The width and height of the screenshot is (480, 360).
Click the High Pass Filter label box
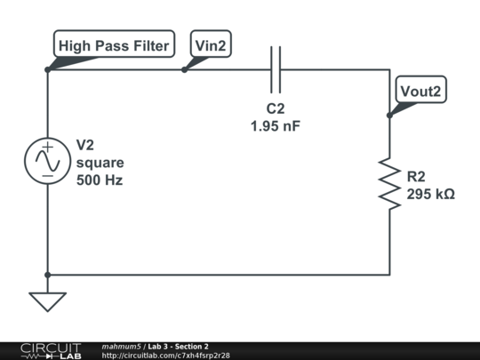click(x=114, y=45)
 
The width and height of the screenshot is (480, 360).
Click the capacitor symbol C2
click(x=276, y=69)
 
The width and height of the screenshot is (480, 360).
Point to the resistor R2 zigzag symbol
click(x=389, y=184)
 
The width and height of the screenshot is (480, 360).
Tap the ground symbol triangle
click(x=47, y=301)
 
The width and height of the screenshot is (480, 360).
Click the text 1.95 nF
click(x=276, y=126)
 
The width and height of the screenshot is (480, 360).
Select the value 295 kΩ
click(x=430, y=194)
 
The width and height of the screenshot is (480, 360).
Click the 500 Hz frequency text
click(x=100, y=180)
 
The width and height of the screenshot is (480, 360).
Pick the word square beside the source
click(x=100, y=163)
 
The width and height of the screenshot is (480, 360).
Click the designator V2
click(x=85, y=145)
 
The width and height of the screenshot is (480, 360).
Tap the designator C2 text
click(x=276, y=109)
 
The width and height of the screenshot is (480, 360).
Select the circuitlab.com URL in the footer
click(x=166, y=356)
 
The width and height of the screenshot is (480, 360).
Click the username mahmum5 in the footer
click(x=122, y=346)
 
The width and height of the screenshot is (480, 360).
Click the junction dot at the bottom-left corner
click(x=47, y=275)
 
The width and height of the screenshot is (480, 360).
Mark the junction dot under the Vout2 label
click(x=389, y=115)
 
